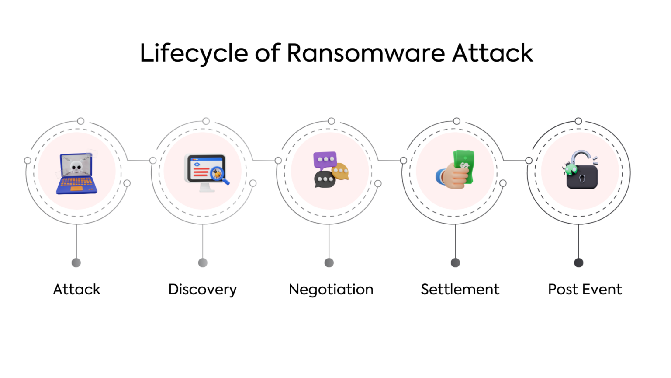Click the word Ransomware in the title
coord(366,53)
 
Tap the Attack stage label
coord(77,289)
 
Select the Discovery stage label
coord(203,290)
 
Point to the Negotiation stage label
coord(331,289)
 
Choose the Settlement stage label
coord(460,289)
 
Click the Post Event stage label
coord(585,289)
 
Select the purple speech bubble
coord(325,160)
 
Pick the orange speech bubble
coord(340,171)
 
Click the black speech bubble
coord(325,179)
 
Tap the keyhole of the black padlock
coord(582,178)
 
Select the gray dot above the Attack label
coord(76,262)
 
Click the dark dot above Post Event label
coord(578,262)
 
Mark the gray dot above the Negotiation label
coord(329,262)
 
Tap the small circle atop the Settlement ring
coord(457,121)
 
